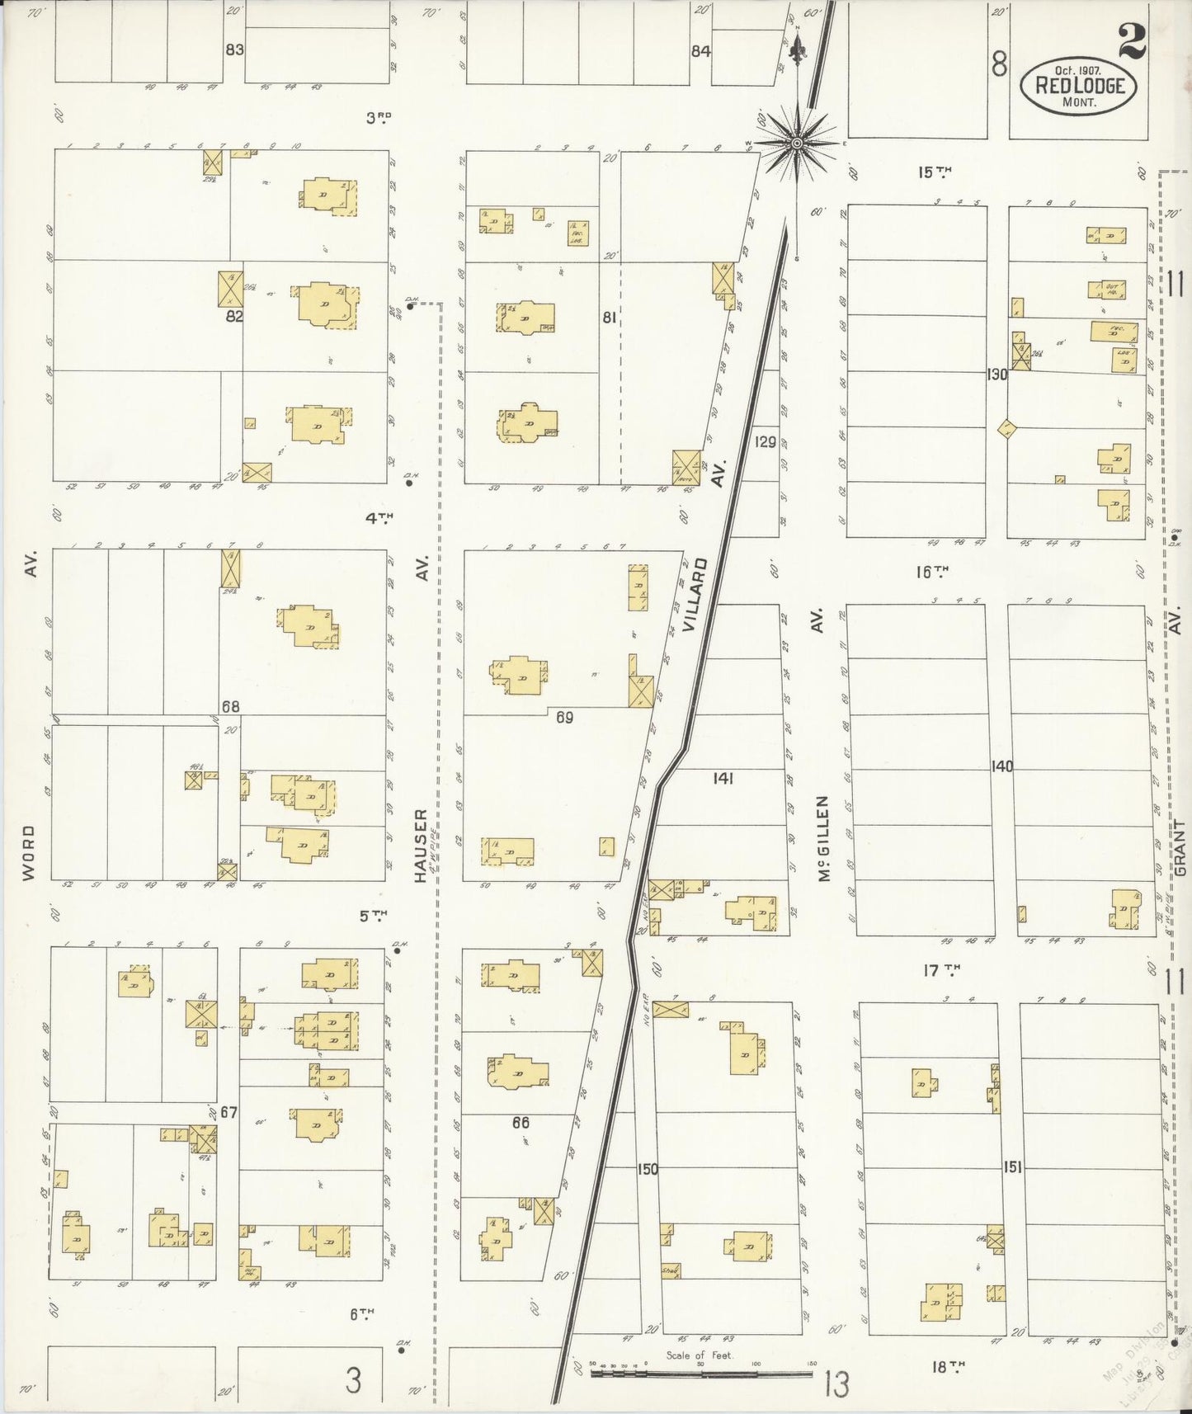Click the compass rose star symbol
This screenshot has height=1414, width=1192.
pyautogui.click(x=797, y=144)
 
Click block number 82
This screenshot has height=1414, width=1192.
pyautogui.click(x=234, y=315)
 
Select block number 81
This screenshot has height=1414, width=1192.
pyautogui.click(x=610, y=316)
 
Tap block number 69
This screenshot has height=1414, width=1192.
pyautogui.click(x=563, y=718)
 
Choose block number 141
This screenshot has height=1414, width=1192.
pyautogui.click(x=723, y=777)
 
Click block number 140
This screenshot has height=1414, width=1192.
pyautogui.click(x=1001, y=766)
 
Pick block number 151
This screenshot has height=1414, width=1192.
pyautogui.click(x=1012, y=1167)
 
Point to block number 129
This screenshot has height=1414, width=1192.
pyautogui.click(x=766, y=442)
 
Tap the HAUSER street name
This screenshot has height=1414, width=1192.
pyautogui.click(x=421, y=846)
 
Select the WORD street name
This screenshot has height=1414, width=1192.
pyautogui.click(x=29, y=853)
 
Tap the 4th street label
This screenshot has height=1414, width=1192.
pyautogui.click(x=379, y=518)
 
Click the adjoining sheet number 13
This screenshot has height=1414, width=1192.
pyautogui.click(x=836, y=1384)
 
